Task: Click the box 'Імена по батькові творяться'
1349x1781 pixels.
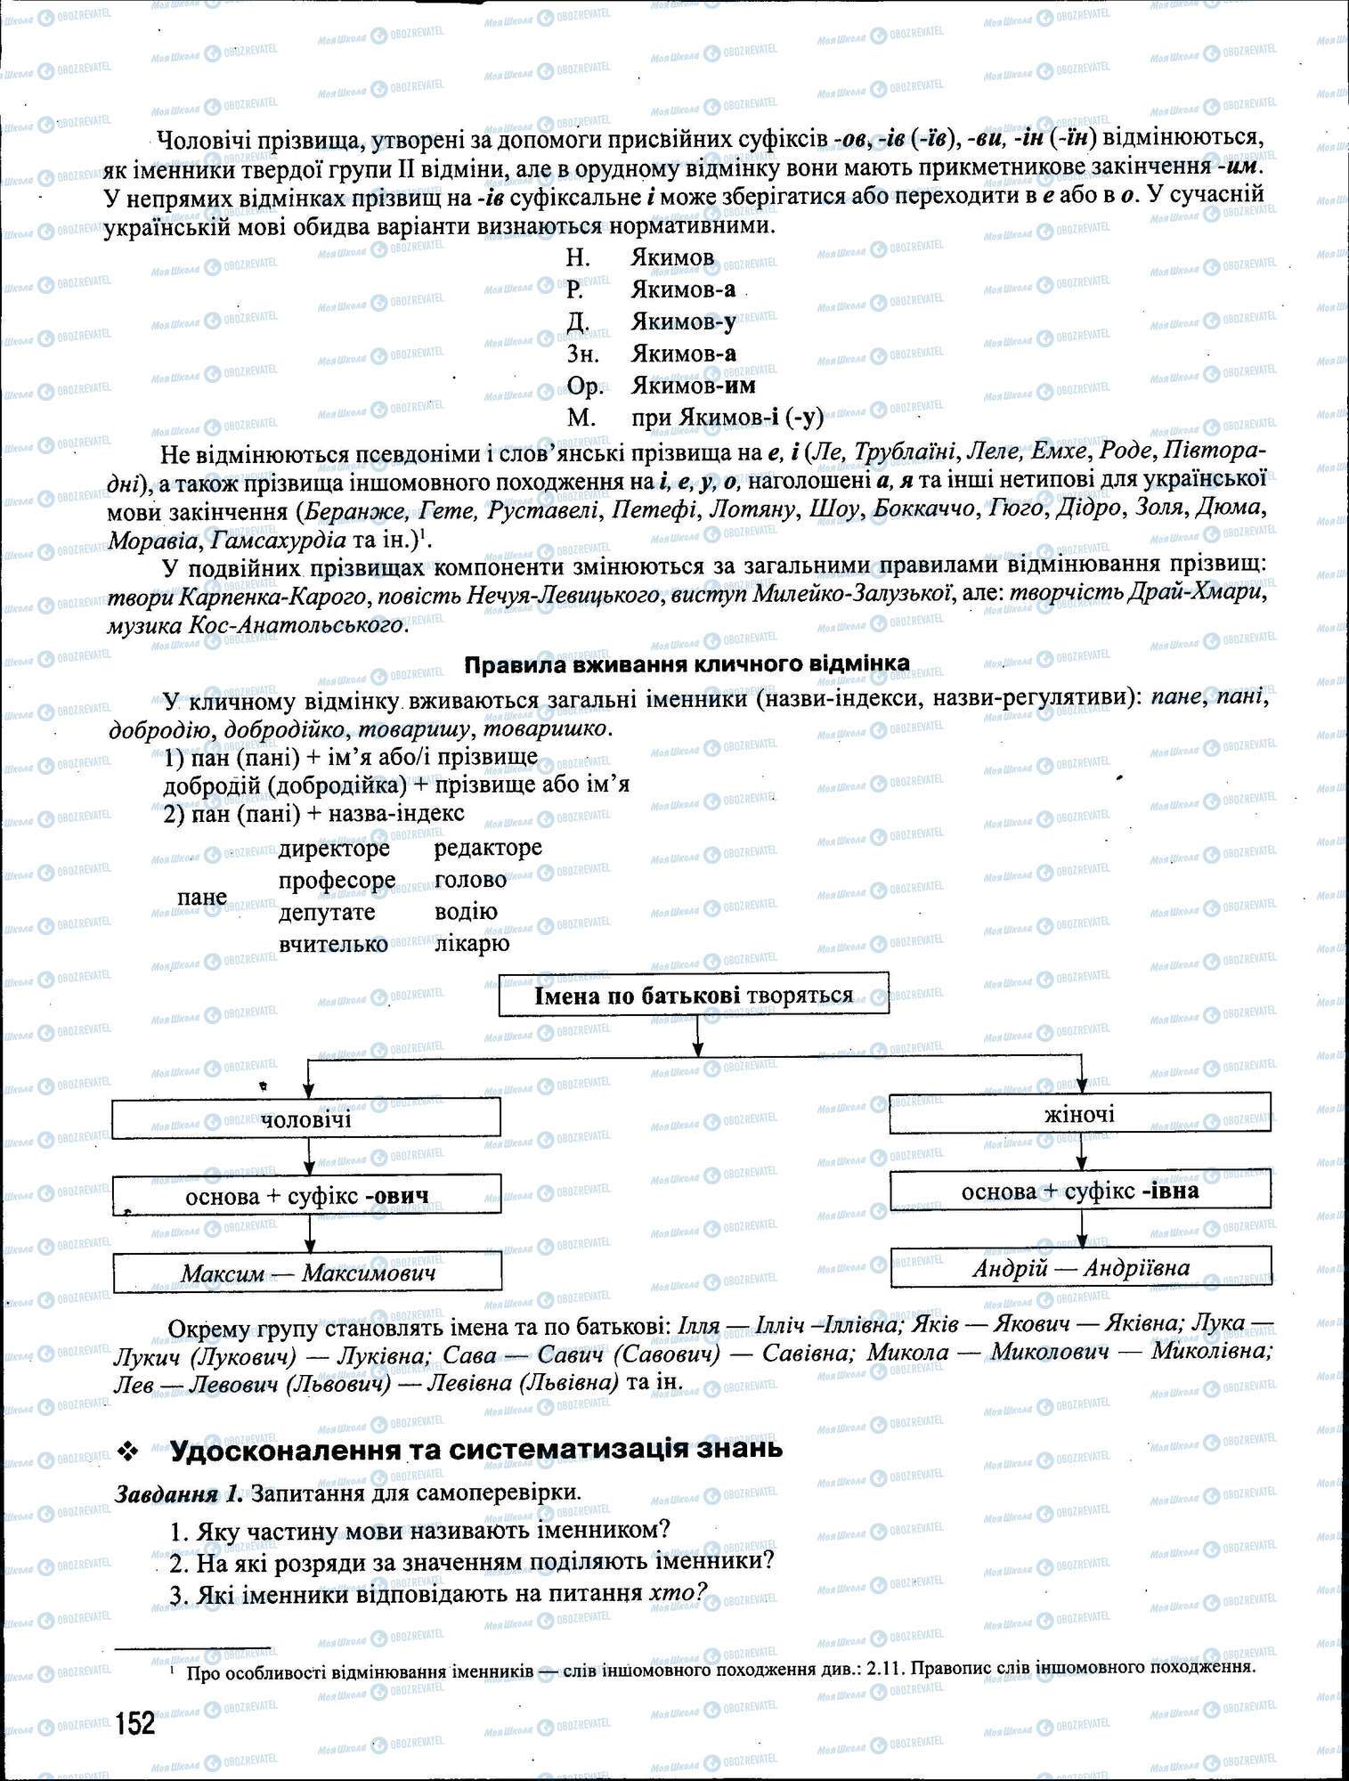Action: pyautogui.click(x=694, y=995)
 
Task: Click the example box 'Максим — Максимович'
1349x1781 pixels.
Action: pyautogui.click(x=307, y=1273)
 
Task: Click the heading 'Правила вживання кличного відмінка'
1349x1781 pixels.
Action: pyautogui.click(x=687, y=663)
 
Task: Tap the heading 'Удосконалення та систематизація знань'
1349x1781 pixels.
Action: pyautogui.click(x=476, y=1449)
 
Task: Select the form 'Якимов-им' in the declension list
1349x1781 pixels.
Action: pyautogui.click(x=693, y=386)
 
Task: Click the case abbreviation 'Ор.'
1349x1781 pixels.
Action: pyautogui.click(x=585, y=386)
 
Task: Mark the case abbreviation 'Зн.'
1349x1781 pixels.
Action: pyautogui.click(x=583, y=354)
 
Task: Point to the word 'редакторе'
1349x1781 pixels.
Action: pyautogui.click(x=488, y=848)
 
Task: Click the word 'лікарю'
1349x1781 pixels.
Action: pyautogui.click(x=472, y=944)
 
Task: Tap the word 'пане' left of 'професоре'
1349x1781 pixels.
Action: pyautogui.click(x=202, y=897)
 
